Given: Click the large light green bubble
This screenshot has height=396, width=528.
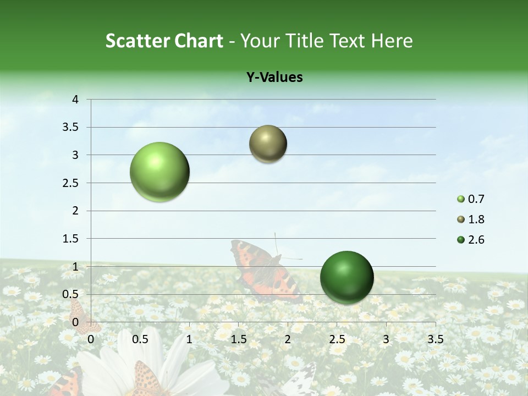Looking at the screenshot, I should pos(160,172).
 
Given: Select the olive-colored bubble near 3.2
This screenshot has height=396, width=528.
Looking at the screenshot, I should pos(268,144).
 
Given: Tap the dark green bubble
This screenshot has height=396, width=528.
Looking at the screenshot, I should pos(346,277).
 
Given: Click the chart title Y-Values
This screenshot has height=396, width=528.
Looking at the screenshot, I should pos(274,78).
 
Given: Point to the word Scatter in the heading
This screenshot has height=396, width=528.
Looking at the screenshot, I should pos(137,41).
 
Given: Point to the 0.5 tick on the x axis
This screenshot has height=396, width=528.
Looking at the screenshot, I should pos(140,339).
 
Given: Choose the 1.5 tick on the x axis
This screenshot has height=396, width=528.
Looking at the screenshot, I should pos(238,339).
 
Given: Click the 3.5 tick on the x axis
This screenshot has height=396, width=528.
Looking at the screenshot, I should pos(435,339).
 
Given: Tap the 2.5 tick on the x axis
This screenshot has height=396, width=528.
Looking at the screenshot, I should pos(337,339).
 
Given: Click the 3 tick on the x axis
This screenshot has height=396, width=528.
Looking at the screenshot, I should pos(386,339).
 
